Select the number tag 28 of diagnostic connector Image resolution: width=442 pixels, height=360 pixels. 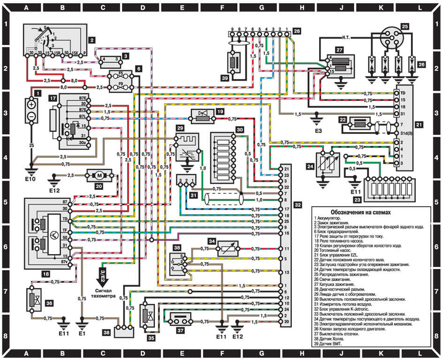[x=297, y=32]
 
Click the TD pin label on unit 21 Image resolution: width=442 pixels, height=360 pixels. [x=403, y=93]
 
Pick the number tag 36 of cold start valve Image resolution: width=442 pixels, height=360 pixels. [x=49, y=303]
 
